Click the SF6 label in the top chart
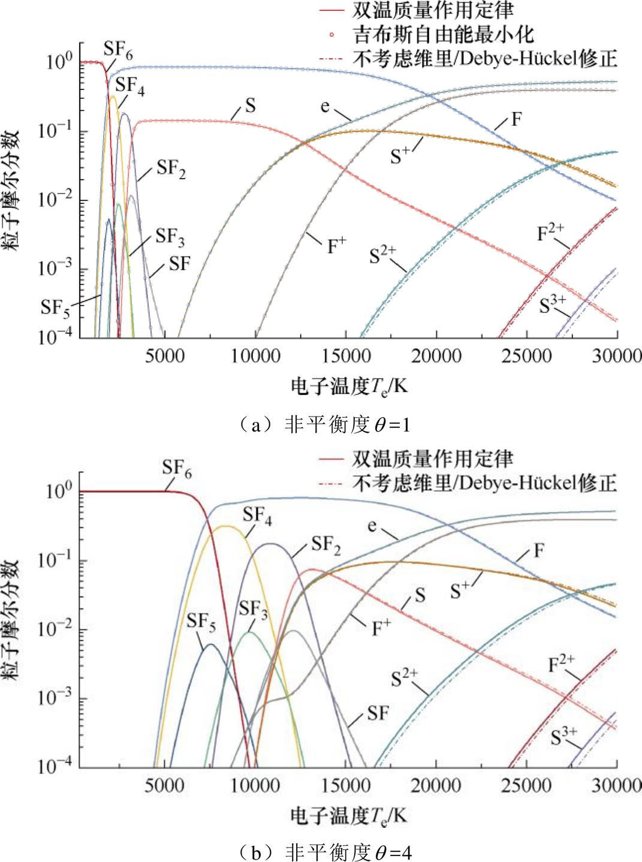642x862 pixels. coord(117,50)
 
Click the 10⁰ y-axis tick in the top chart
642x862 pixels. coord(59,61)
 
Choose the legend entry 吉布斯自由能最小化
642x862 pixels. coord(444,34)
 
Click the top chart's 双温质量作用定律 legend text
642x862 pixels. coord(433,10)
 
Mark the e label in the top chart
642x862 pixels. coord(324,106)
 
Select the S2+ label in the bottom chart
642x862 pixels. coord(405,679)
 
